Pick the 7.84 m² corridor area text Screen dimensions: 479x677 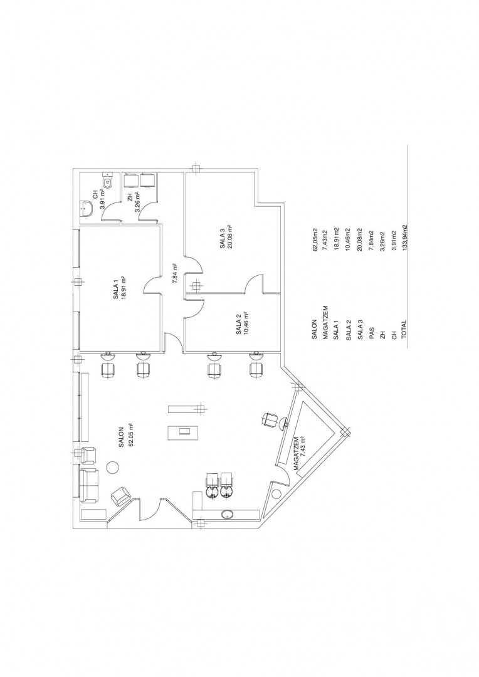point(174,273)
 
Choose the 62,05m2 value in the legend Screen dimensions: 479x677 point(315,239)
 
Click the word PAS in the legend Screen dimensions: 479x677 point(371,333)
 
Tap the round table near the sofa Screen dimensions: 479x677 point(112,467)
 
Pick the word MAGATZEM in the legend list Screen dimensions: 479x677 point(326,321)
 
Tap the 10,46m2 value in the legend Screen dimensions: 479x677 point(349,239)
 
